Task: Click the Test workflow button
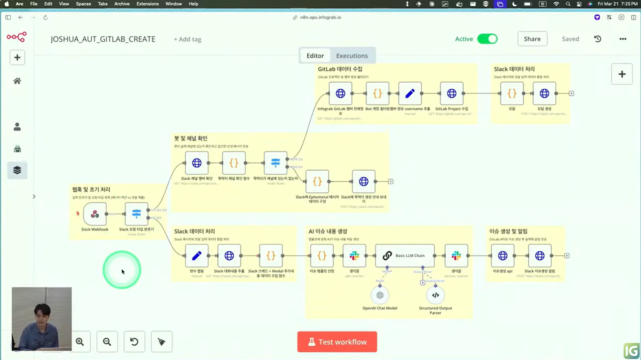pos(337,342)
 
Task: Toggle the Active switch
pos(487,39)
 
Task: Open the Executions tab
pos(352,56)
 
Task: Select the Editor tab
pos(315,56)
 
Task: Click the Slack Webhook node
pos(95,214)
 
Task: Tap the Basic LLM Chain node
pos(405,256)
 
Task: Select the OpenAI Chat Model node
pos(380,295)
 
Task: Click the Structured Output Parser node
pos(435,295)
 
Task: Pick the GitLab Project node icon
pos(451,93)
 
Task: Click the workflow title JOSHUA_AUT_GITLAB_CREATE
pos(103,39)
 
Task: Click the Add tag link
pos(188,39)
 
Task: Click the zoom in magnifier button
pos(80,342)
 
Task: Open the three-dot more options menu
pos(623,39)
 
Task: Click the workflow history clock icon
pos(598,39)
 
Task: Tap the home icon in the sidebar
pos(17,81)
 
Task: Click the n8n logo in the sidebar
pos(17,37)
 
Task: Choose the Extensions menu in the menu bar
pos(147,4)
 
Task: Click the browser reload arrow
pos(45,17)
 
